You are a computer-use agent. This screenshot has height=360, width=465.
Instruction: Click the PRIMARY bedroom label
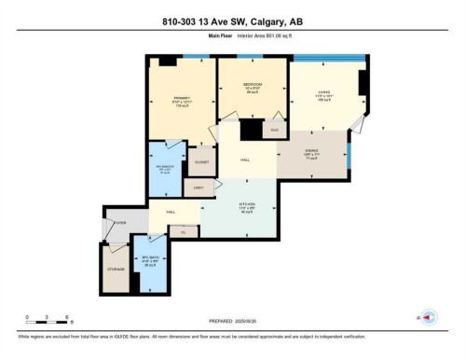pyautogui.click(x=181, y=98)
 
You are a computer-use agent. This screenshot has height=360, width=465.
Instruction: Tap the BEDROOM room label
pyautogui.click(x=252, y=86)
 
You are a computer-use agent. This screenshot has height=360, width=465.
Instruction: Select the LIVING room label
pyautogui.click(x=323, y=92)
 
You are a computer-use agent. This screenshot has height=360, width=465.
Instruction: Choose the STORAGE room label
pyautogui.click(x=116, y=270)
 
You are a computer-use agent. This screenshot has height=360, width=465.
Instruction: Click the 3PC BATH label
pyautogui.click(x=148, y=260)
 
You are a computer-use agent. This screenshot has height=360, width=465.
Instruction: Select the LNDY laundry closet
pyautogui.click(x=198, y=188)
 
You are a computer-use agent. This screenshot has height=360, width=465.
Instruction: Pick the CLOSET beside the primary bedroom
pyautogui.click(x=200, y=160)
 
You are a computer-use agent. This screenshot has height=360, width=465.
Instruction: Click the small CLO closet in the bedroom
pyautogui.click(x=274, y=131)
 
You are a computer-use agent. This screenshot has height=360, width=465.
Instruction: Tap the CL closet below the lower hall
pyautogui.click(x=183, y=231)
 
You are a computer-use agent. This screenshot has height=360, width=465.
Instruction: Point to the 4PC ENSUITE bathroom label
pyautogui.click(x=164, y=170)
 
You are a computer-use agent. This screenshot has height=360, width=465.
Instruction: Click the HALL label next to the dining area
pyautogui.click(x=244, y=160)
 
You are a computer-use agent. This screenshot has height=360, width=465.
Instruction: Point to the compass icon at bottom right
pyautogui.click(x=430, y=317)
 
